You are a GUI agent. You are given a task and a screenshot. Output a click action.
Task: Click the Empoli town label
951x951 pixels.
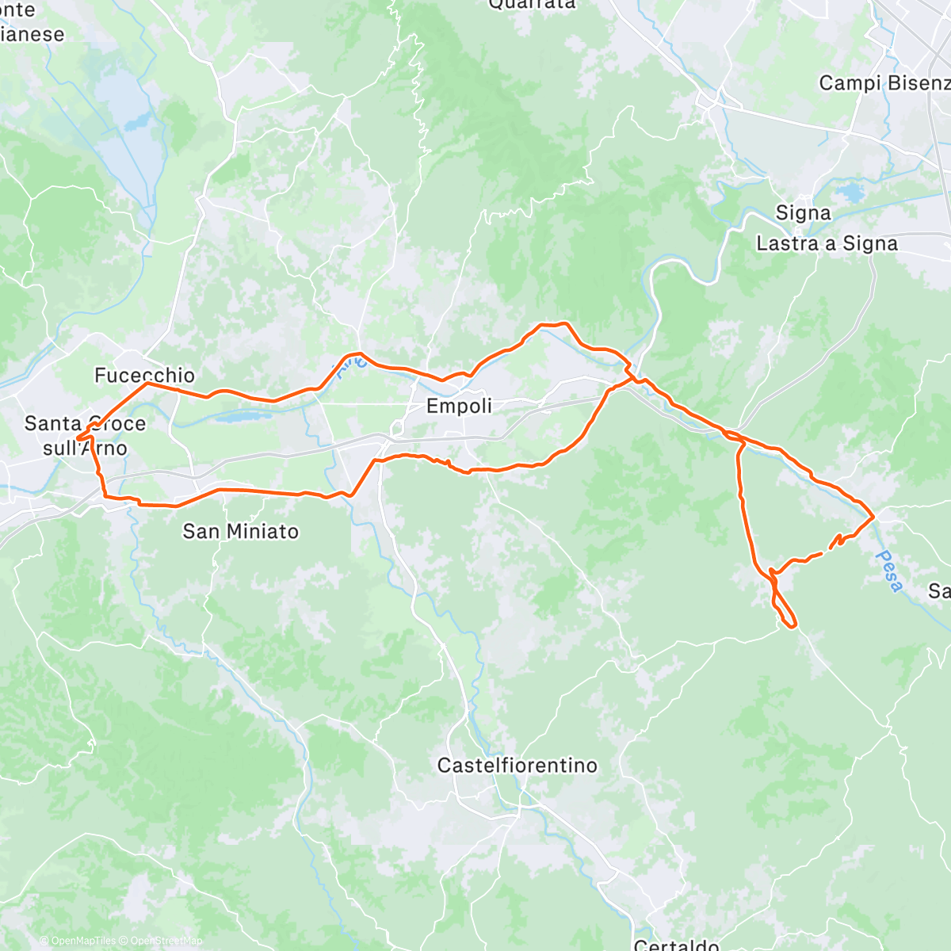click(x=459, y=406)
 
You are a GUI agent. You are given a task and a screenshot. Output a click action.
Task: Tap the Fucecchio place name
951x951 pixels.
click(x=144, y=375)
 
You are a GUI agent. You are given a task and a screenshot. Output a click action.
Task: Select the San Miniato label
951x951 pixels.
click(x=240, y=531)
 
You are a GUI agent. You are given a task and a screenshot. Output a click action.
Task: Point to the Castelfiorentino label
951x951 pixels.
click(x=517, y=766)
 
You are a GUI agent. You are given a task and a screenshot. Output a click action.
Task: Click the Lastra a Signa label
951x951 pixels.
click(x=827, y=243)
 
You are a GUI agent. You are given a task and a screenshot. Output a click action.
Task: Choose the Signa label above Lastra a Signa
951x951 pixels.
click(x=803, y=213)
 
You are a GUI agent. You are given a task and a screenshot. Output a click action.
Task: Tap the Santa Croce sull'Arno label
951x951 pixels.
click(x=85, y=435)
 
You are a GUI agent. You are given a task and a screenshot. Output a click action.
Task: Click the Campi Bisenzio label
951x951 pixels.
click(x=884, y=83)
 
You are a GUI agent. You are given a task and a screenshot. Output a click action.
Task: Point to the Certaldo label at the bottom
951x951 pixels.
click(x=676, y=945)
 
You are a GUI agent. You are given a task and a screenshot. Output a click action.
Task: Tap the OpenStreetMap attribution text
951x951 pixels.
click(x=166, y=941)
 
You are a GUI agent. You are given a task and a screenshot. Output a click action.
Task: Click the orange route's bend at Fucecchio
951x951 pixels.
click(x=147, y=384)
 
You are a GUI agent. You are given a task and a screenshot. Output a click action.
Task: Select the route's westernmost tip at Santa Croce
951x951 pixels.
click(x=78, y=437)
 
